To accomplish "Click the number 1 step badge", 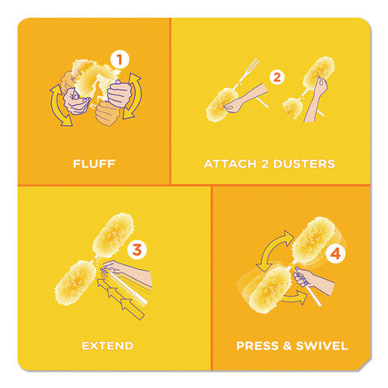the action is (120, 60).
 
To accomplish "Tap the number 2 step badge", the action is (277, 78).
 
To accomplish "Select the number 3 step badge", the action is (137, 250).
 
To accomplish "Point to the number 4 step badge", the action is (335, 254).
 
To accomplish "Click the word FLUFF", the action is (94, 164).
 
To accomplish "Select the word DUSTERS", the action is (304, 164).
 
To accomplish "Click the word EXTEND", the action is (108, 346).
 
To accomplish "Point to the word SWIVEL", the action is (322, 346).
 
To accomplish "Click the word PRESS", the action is (257, 346).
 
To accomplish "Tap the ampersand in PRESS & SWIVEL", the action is (287, 346).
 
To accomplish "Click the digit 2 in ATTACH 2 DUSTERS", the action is (264, 164).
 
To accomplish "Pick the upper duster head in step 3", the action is (113, 235).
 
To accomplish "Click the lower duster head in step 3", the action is (75, 282).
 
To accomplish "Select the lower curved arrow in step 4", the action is (294, 297).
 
